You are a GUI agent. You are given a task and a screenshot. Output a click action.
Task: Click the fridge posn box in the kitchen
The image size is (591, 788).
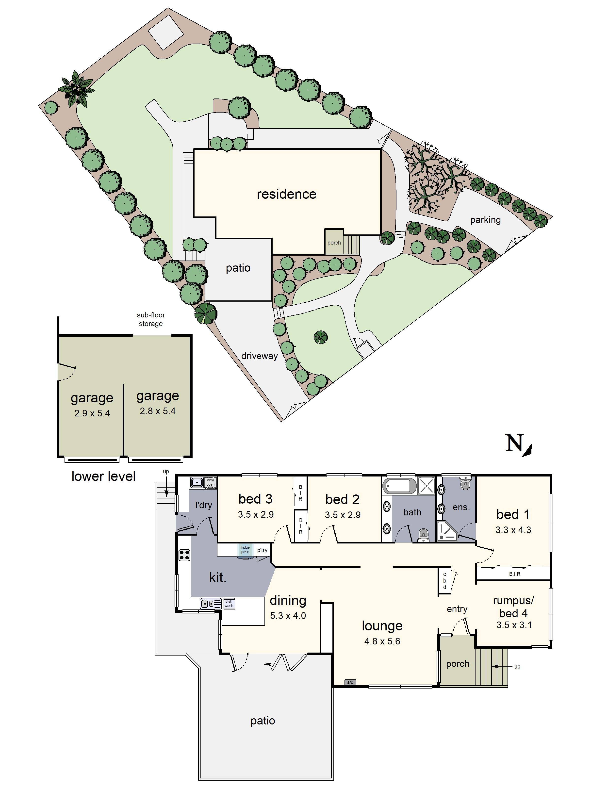245,550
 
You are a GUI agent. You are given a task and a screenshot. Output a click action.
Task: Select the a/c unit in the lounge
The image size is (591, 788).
350,682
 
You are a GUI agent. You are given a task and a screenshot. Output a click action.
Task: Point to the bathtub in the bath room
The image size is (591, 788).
399,486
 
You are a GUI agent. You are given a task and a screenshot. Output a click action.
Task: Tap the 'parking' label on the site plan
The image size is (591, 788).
485,220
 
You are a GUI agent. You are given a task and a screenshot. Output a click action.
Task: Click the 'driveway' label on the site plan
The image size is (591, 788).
259,356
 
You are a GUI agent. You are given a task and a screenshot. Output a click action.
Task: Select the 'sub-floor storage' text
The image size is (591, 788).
151,319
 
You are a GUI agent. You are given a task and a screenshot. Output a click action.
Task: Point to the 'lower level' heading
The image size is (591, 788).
103,476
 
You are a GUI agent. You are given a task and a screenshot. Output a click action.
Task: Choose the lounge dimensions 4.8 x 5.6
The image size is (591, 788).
382,641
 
